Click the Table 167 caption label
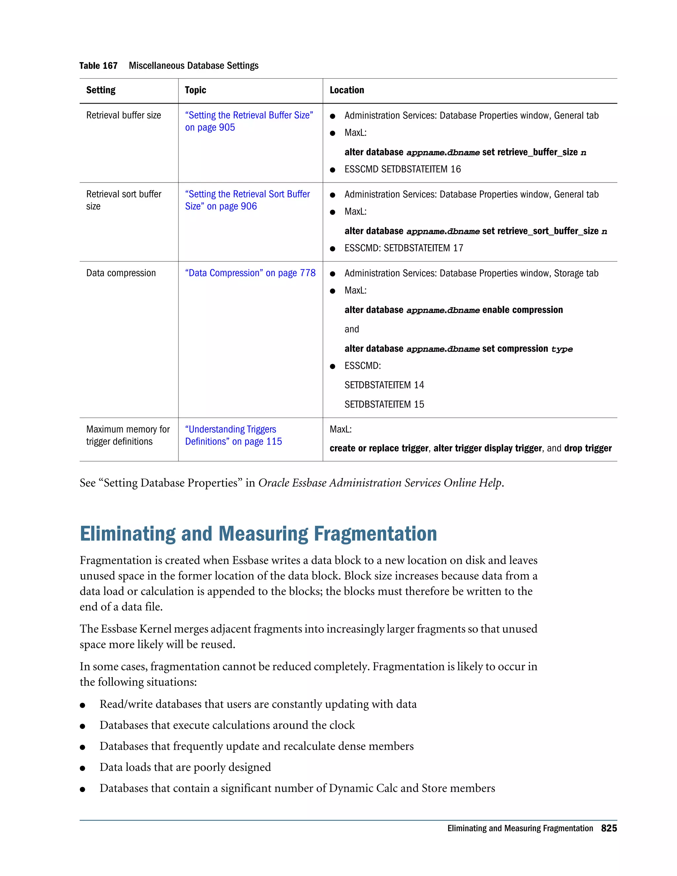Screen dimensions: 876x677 (98, 66)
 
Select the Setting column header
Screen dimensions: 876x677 (101, 90)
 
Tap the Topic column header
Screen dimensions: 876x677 (195, 90)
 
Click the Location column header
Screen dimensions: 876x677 (346, 90)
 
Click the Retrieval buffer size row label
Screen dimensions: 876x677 (124, 115)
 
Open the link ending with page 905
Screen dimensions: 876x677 (210, 128)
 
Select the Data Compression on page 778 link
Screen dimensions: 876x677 (250, 273)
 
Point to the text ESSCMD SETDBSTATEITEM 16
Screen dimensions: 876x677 (402, 169)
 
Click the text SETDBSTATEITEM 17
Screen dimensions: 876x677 (423, 248)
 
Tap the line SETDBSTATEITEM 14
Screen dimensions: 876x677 (384, 385)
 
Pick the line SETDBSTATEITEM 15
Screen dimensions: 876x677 (384, 404)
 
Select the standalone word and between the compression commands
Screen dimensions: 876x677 (351, 329)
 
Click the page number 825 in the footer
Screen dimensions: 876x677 (609, 828)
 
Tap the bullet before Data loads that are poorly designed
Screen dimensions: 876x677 (83, 769)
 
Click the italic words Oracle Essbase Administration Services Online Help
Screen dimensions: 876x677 (380, 483)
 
